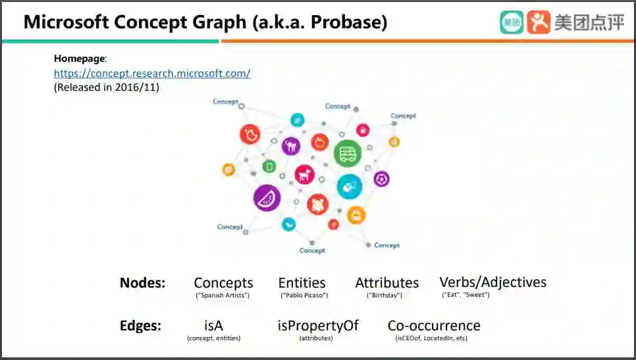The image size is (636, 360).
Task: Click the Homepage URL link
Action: point(152,74)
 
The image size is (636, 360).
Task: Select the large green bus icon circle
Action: point(347,153)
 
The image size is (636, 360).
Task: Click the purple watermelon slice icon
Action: point(267,197)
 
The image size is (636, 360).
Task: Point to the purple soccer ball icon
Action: point(381,178)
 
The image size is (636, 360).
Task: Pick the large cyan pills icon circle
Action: point(349,186)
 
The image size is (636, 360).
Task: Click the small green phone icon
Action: point(269,167)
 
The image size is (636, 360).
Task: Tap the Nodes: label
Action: point(142,283)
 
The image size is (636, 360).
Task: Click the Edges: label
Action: point(140,326)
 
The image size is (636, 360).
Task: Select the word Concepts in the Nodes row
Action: point(223,283)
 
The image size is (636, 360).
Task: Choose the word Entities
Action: point(302,283)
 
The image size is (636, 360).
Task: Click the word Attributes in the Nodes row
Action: point(386,283)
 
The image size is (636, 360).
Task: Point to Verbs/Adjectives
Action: point(492,282)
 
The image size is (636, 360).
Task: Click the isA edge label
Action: point(213,325)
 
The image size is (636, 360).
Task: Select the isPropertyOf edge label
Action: point(317,325)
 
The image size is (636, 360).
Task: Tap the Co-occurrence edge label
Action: point(433,325)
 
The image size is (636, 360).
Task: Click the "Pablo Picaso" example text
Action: point(304,296)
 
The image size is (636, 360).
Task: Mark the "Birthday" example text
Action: point(384,296)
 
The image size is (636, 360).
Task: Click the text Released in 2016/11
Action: point(107,87)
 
